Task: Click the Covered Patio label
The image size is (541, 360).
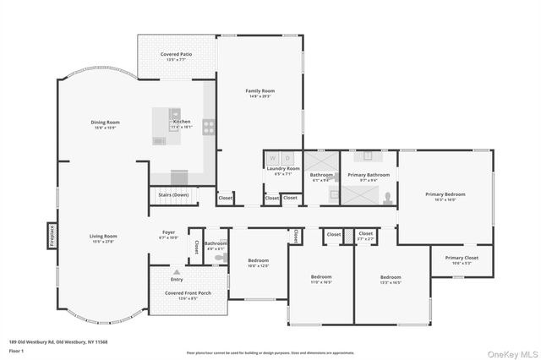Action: coord(176,54)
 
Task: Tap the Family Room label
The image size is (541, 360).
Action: coord(260,91)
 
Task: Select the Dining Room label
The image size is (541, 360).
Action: coord(106,123)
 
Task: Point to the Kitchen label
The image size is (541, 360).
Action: coord(182,122)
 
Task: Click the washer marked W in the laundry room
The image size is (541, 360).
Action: coord(273,157)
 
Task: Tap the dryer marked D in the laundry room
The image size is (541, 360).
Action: coord(287,157)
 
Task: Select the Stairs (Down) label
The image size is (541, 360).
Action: coord(173,194)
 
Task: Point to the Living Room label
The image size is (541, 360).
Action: coord(103,237)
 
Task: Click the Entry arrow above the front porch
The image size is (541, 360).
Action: coord(177,273)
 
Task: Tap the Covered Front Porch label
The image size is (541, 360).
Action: coord(181,293)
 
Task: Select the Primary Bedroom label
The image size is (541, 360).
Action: coord(445,194)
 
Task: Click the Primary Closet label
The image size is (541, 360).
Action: coord(462,258)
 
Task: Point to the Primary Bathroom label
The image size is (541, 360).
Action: coord(369,175)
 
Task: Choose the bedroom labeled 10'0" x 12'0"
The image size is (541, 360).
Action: coord(258,260)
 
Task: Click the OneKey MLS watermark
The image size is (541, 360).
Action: coord(510,351)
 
